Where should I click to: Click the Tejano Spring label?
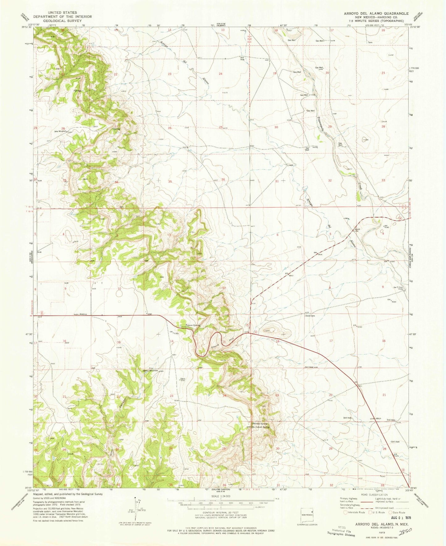pyautogui.click(x=193, y=325)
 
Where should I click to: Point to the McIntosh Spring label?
pyautogui.click(x=261, y=427)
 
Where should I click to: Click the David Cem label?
pyautogui.click(x=310, y=316)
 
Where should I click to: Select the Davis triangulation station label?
pyautogui.click(x=183, y=379)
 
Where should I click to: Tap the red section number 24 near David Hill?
pyautogui.click(x=225, y=396)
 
